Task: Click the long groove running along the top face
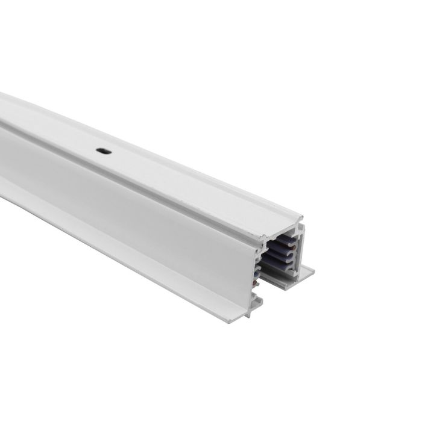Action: point(151,157)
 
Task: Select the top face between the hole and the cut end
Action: point(199,187)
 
